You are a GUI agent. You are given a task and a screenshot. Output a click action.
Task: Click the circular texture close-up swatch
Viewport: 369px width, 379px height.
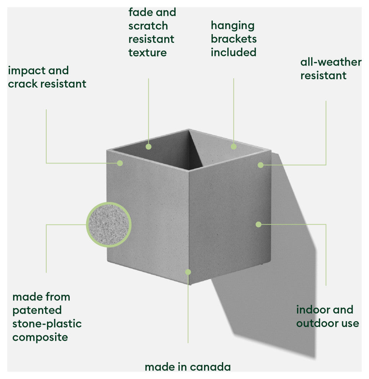point(109,225)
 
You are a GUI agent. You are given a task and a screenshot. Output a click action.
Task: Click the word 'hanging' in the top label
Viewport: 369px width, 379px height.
point(232,26)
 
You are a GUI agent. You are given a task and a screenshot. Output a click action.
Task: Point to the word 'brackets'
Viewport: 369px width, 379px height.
point(233,39)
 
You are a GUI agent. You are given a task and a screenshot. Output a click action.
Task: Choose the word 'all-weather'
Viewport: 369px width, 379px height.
point(331,62)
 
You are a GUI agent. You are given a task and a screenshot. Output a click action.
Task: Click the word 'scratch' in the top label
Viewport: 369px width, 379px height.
point(148,26)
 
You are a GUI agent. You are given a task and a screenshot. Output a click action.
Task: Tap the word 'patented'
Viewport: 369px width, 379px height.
point(37,310)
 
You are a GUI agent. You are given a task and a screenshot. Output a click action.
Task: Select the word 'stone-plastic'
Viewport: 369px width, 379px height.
point(47,323)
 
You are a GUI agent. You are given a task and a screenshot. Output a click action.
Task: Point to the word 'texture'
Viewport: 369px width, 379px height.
point(147,53)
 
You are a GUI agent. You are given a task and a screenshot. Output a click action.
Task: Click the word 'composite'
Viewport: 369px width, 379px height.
point(40,337)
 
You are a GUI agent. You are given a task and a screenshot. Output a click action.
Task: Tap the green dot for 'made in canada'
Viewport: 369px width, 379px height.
point(188,272)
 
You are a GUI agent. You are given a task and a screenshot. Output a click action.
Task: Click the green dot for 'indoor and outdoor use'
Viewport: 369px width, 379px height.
point(258,224)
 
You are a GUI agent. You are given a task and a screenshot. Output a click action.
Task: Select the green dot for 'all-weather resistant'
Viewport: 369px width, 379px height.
point(260,165)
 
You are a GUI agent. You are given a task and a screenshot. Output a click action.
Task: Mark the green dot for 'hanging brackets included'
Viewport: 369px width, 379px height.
point(233,146)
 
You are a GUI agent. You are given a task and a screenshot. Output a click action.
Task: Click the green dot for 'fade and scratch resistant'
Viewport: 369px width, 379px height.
point(149,146)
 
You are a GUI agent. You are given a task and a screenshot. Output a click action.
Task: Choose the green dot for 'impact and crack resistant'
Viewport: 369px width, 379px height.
point(120,163)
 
